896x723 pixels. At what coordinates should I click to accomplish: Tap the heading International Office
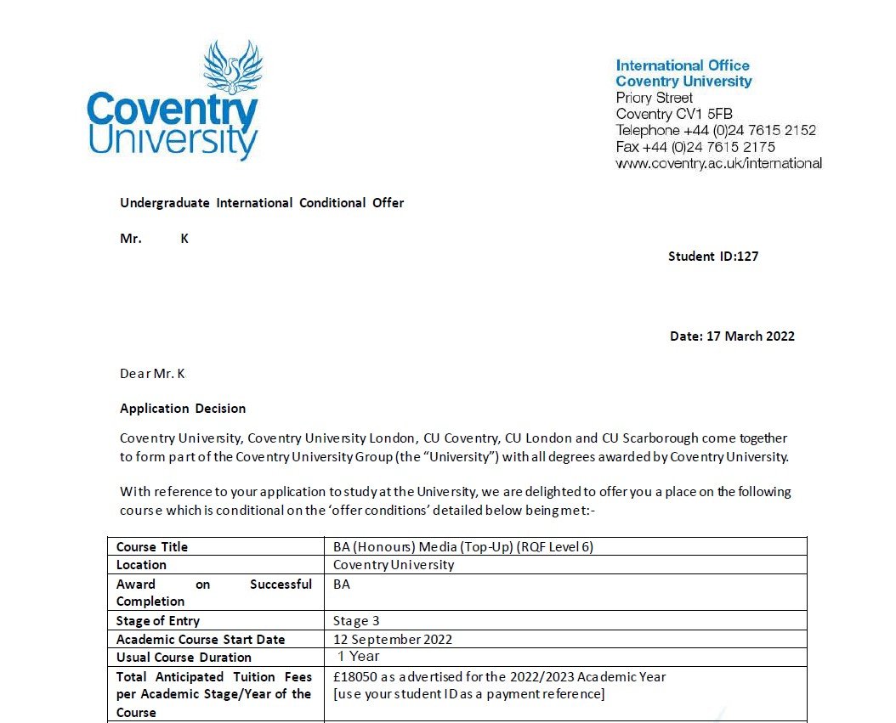(x=683, y=65)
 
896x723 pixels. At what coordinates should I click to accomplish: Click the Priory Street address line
(x=654, y=98)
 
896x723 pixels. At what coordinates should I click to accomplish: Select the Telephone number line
(x=716, y=130)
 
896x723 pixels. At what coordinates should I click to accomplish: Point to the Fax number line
(x=695, y=147)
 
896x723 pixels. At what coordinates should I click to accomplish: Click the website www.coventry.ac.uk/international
(x=718, y=163)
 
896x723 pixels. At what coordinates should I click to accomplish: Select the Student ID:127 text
(x=712, y=257)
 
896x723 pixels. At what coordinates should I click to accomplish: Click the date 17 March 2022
(x=732, y=336)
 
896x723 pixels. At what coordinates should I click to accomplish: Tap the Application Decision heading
(x=183, y=409)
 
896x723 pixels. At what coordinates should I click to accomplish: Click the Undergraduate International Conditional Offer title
(x=262, y=203)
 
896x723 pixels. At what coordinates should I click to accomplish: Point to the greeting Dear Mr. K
(x=152, y=373)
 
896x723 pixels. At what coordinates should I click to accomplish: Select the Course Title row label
(x=152, y=547)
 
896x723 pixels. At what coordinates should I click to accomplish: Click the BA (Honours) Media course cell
(x=463, y=547)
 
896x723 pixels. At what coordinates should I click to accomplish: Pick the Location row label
(x=141, y=565)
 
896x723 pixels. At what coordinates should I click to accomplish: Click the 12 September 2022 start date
(x=393, y=640)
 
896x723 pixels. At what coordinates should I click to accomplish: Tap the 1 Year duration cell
(x=358, y=657)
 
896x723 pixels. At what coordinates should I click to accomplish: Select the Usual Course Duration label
(x=184, y=658)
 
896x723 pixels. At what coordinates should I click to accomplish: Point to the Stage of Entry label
(x=158, y=621)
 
